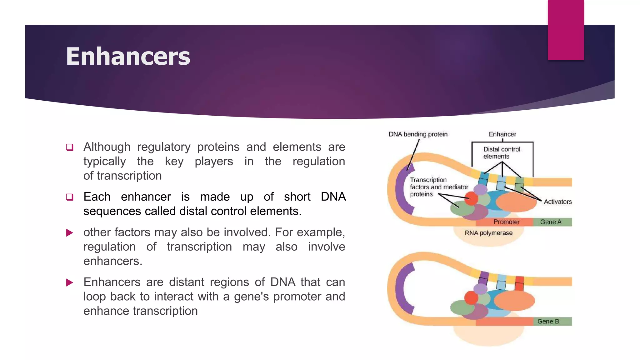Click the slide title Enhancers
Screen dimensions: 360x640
click(128, 56)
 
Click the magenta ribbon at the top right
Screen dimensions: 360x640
click(566, 30)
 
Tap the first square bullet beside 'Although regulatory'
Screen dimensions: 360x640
click(70, 147)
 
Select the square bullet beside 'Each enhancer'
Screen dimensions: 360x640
click(70, 197)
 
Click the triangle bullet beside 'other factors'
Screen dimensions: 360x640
click(70, 232)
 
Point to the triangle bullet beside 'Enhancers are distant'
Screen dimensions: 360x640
click(70, 282)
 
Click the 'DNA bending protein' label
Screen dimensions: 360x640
click(418, 134)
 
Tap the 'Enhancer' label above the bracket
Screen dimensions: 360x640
click(502, 134)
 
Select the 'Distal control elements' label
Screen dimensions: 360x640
click(502, 153)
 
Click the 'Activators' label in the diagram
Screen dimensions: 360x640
click(557, 202)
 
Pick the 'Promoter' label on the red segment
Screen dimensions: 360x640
click(506, 222)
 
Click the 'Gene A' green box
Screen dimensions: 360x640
click(552, 222)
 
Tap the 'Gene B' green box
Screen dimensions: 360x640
click(552, 321)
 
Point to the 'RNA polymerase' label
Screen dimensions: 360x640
click(488, 233)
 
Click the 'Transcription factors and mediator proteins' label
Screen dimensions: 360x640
click(438, 187)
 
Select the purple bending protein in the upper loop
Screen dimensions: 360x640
click(402, 191)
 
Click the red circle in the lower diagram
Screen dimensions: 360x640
click(471, 297)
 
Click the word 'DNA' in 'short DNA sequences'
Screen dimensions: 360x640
click(333, 197)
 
